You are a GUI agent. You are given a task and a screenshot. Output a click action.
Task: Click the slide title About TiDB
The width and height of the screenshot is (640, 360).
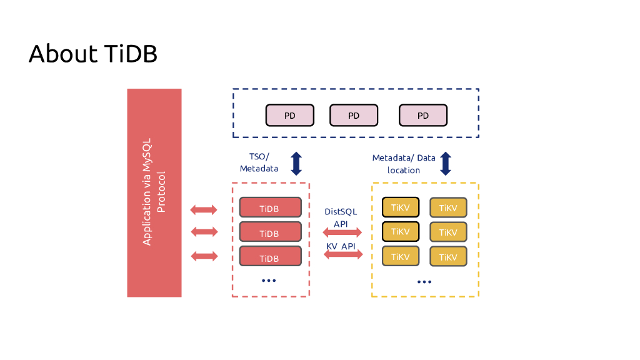92,54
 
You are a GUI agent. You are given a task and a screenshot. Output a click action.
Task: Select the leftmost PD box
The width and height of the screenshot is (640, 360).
290,115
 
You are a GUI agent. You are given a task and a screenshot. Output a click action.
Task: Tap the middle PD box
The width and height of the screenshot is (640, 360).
354,115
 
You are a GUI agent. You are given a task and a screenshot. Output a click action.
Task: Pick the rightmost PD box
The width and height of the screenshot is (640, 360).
423,115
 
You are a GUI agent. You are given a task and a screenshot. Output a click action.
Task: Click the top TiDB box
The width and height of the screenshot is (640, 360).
270,207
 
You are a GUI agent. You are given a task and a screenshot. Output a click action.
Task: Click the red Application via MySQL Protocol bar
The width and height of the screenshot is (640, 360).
154,192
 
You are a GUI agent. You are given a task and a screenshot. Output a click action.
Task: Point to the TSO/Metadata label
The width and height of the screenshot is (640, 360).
259,163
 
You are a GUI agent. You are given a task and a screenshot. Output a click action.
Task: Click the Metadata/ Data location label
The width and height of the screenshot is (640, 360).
404,164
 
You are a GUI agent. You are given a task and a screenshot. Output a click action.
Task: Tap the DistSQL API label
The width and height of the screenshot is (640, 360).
341,217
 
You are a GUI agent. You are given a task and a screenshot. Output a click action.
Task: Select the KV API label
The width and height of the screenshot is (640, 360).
341,247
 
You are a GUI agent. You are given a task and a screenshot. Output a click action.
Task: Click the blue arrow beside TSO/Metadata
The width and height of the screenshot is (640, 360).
296,163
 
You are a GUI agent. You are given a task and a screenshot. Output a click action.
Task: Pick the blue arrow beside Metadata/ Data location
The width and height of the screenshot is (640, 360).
446,163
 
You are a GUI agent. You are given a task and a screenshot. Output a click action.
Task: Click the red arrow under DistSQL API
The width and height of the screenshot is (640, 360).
342,232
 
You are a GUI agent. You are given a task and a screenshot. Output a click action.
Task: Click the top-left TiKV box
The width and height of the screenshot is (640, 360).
401,207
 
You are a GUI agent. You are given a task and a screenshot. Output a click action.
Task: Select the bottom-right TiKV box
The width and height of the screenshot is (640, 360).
448,256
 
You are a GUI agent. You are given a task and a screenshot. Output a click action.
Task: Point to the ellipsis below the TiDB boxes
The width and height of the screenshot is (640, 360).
269,281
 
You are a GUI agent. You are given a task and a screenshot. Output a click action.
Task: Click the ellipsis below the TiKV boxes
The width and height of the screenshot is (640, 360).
424,282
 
